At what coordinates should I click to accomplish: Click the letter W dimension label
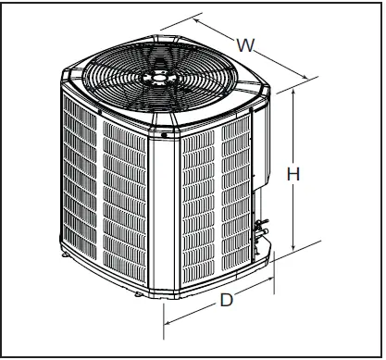click(x=246, y=43)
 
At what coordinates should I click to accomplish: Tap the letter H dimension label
click(x=292, y=174)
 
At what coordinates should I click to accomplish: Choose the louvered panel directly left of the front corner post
click(x=126, y=204)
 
